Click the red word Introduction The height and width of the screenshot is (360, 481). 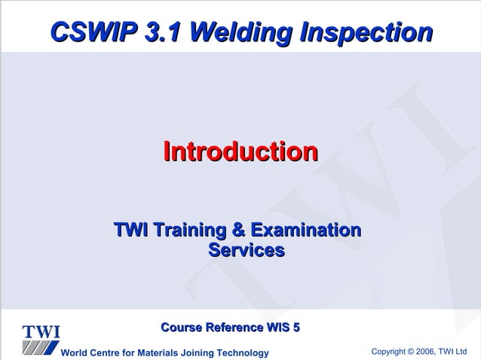[x=240, y=151]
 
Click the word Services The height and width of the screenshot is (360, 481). [x=246, y=249]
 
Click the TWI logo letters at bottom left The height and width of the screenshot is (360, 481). [x=41, y=332]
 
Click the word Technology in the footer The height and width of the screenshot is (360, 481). [x=243, y=353]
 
